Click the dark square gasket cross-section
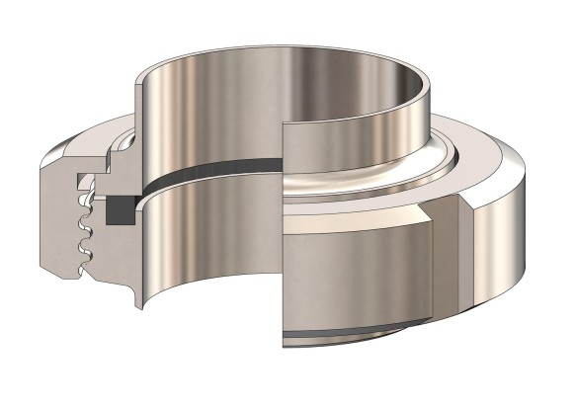click(118, 208)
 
